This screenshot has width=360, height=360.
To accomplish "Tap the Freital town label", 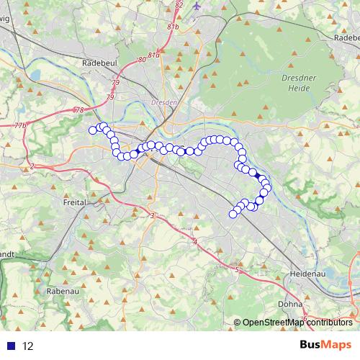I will (74, 203).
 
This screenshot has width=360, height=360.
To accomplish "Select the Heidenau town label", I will (308, 274).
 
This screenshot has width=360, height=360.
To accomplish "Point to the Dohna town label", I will (290, 304).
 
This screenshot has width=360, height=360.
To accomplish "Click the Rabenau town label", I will (59, 291).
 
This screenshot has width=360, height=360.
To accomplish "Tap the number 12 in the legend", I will (28, 346).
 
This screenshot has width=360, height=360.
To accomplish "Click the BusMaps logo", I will (325, 346).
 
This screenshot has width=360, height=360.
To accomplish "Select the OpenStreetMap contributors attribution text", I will (297, 323).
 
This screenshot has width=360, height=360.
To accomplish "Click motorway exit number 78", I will (78, 109).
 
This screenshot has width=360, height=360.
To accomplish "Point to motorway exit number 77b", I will (20, 126).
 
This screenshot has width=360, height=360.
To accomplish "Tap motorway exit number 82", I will (179, 5).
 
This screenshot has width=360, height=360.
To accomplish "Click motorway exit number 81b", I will (173, 27).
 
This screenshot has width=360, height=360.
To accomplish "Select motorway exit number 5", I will (237, 270).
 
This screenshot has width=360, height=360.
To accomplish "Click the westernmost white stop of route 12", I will (92, 130).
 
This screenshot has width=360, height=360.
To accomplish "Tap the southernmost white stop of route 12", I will (233, 214).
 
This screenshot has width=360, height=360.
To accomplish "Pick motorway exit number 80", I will (141, 59).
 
